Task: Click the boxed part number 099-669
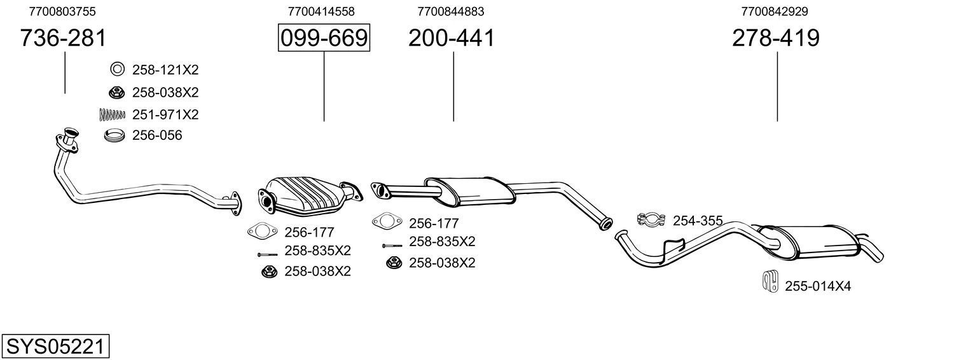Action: point(324,38)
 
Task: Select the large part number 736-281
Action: point(63,38)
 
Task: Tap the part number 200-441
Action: point(451,38)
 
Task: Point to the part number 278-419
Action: point(775,38)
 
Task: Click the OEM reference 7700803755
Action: point(63,11)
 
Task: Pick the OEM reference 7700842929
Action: point(775,11)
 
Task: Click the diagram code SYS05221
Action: point(55,347)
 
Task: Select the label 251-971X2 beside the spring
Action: point(165,114)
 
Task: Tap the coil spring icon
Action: point(113,114)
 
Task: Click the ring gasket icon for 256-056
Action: point(114,135)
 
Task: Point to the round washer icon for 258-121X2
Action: point(118,69)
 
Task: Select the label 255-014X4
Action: point(818,286)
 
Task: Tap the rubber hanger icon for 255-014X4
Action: point(769,281)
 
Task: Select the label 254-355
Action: point(698,221)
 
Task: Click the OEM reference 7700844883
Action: point(450,11)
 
